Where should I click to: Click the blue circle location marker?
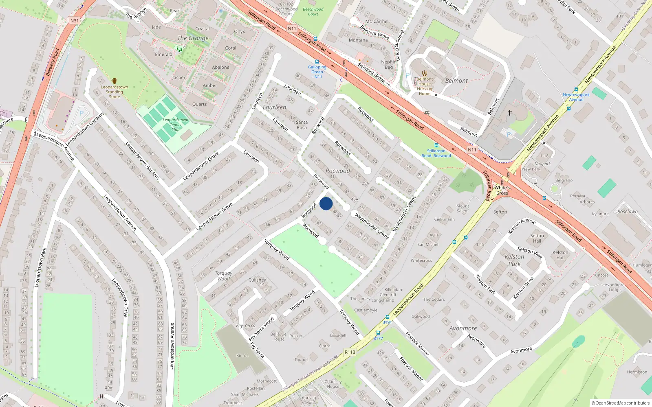click(x=326, y=203)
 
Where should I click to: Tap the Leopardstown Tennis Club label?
click(x=175, y=125)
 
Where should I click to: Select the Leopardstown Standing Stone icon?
click(x=115, y=81)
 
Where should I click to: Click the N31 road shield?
click(x=74, y=20)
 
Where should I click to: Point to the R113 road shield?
click(x=350, y=352)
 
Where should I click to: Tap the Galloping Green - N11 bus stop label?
click(x=317, y=72)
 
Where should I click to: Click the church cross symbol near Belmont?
click(x=509, y=112)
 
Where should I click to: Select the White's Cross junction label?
click(x=502, y=190)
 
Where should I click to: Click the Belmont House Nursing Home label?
click(x=425, y=86)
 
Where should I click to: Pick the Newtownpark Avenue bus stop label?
click(x=576, y=97)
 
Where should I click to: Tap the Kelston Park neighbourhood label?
click(x=514, y=260)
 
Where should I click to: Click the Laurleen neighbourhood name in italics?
click(x=274, y=107)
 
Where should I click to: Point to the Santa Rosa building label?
click(x=302, y=125)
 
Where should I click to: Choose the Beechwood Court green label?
click(x=313, y=11)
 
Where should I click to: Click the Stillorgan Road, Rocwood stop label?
click(x=436, y=153)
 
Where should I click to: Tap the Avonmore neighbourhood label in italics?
click(x=463, y=328)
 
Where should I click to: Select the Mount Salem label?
click(x=463, y=208)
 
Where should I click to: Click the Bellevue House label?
click(x=278, y=337)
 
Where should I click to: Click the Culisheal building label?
click(x=258, y=280)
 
